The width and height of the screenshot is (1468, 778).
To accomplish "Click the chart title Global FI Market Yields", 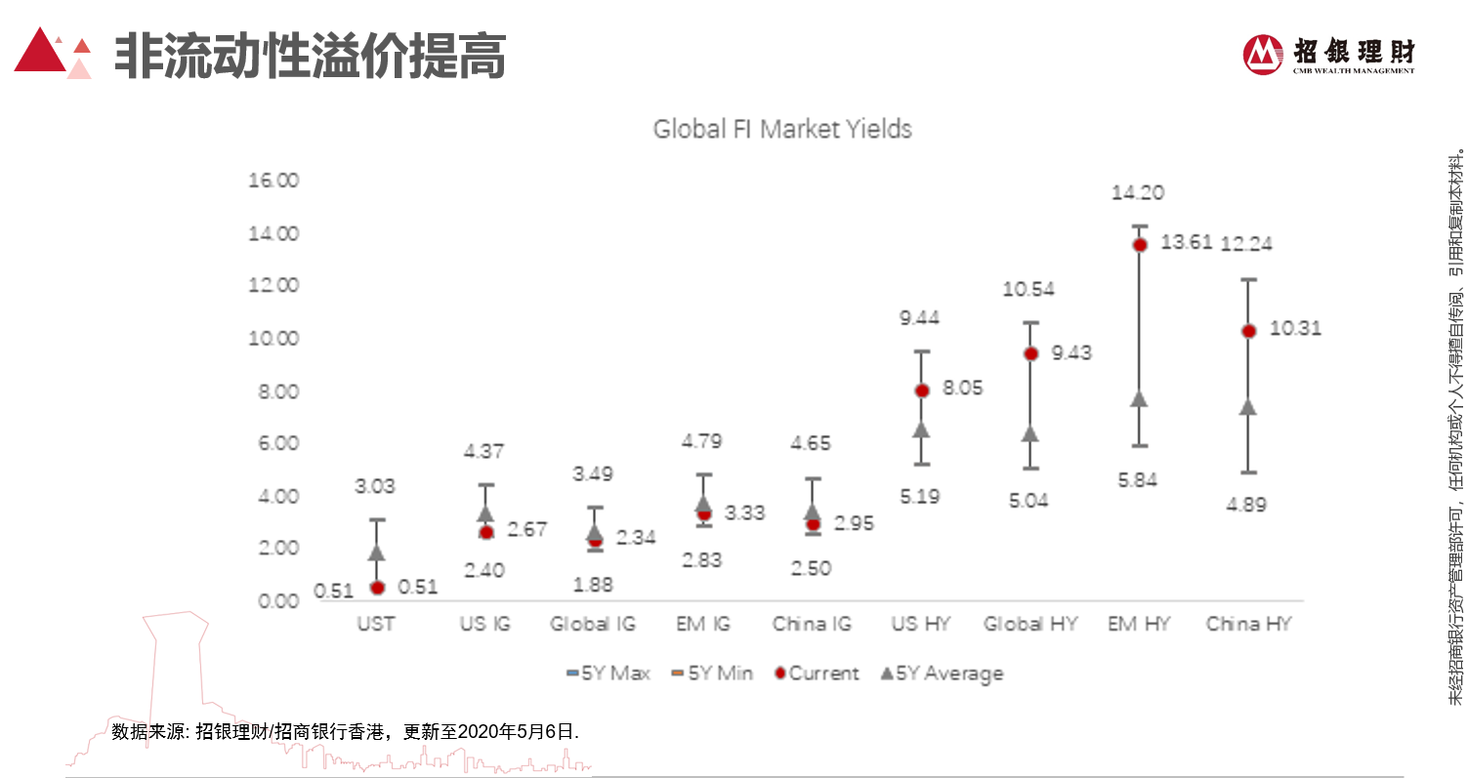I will tap(781, 129).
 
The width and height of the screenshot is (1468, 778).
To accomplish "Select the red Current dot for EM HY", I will tap(1139, 245).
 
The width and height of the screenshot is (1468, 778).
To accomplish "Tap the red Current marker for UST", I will tap(377, 588).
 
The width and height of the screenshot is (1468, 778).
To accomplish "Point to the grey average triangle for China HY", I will tap(1247, 406).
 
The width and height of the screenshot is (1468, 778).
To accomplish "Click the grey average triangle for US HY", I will tap(921, 429).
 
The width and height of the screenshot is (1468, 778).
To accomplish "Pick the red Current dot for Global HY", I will tap(1030, 353).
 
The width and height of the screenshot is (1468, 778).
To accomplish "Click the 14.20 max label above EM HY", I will tap(1138, 193).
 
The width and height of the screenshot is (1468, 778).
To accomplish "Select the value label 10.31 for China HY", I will tap(1295, 329).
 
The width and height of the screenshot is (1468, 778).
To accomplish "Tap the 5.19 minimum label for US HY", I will tap(920, 497).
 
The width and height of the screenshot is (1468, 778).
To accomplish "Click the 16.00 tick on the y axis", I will tap(274, 181).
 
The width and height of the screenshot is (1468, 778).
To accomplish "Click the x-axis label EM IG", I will tap(703, 624).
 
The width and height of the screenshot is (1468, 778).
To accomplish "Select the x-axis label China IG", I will tap(812, 624).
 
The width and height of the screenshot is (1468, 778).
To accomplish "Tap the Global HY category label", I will tap(1029, 624).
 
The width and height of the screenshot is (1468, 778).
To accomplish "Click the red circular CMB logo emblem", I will tap(1263, 54).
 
